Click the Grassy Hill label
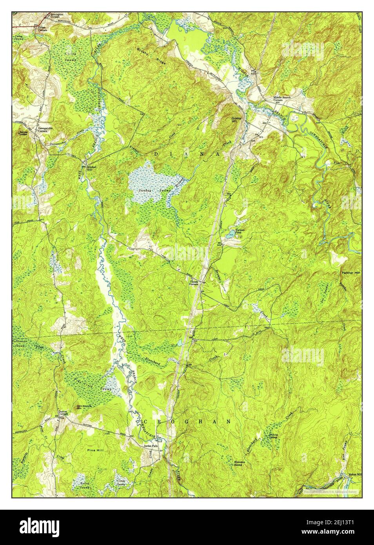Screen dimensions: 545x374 pyautogui.click(x=237, y=120)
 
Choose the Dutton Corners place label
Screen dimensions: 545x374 pyautogui.click(x=64, y=413)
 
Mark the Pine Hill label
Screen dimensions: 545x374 pyautogui.click(x=96, y=451)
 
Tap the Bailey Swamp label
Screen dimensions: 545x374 pyautogui.click(x=85, y=486)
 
